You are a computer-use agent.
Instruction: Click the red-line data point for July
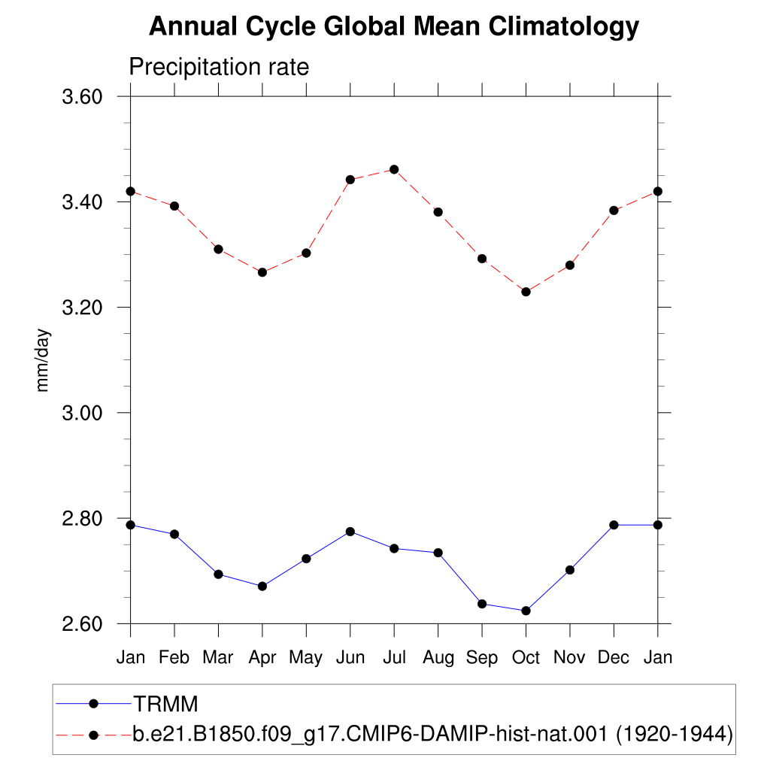point(394,169)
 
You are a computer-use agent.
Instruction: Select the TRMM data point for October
point(526,611)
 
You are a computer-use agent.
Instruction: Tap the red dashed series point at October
point(526,292)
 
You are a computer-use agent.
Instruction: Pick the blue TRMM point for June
point(350,532)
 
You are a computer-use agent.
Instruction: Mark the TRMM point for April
point(262,587)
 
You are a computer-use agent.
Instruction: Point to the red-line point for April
point(262,272)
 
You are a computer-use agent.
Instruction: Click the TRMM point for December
point(614,525)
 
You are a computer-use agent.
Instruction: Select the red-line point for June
point(350,180)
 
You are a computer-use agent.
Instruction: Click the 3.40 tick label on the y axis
point(82,202)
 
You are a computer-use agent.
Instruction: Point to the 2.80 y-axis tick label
point(82,518)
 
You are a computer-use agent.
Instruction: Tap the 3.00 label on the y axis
point(82,413)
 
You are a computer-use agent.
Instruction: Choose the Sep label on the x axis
point(482,657)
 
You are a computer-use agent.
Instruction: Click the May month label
point(305,658)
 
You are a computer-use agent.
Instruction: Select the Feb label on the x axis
point(174,657)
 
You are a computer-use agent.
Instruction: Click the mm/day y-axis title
point(43,360)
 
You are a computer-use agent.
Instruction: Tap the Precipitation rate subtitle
point(219,67)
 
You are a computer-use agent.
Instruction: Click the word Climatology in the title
point(564,26)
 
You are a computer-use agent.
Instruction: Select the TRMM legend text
point(166,704)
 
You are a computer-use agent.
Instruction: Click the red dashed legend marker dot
point(93,735)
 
